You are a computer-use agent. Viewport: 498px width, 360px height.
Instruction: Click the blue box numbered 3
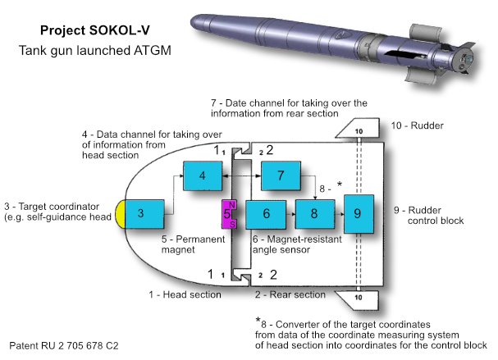coord(141,213)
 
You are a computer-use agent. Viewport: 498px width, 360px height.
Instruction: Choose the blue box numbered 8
coord(313,214)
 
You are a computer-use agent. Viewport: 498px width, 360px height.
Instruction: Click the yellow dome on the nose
coord(120,213)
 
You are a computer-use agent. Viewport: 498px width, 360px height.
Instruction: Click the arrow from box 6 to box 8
coord(290,214)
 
